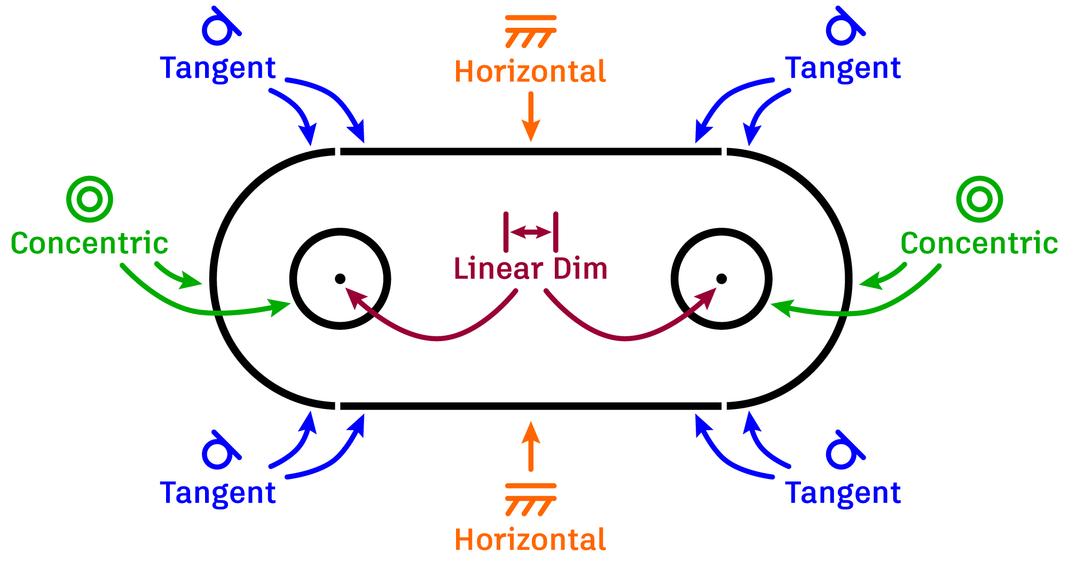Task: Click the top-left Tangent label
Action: (218, 69)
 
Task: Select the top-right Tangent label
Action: (843, 69)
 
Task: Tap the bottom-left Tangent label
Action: (218, 493)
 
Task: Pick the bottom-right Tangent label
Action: (843, 493)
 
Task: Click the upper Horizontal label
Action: (530, 72)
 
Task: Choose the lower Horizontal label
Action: (530, 540)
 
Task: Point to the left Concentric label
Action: (89, 244)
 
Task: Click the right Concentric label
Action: (979, 244)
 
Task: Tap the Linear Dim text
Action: (530, 268)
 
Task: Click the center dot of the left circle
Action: (340, 278)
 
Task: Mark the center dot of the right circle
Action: (721, 278)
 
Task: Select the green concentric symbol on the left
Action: (90, 199)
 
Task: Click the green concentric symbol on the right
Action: (979, 199)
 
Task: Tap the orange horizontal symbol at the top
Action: (531, 31)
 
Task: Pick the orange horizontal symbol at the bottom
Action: (531, 499)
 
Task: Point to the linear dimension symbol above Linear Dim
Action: (531, 232)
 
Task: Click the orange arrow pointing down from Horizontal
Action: (531, 116)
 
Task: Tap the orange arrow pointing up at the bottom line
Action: (531, 446)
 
